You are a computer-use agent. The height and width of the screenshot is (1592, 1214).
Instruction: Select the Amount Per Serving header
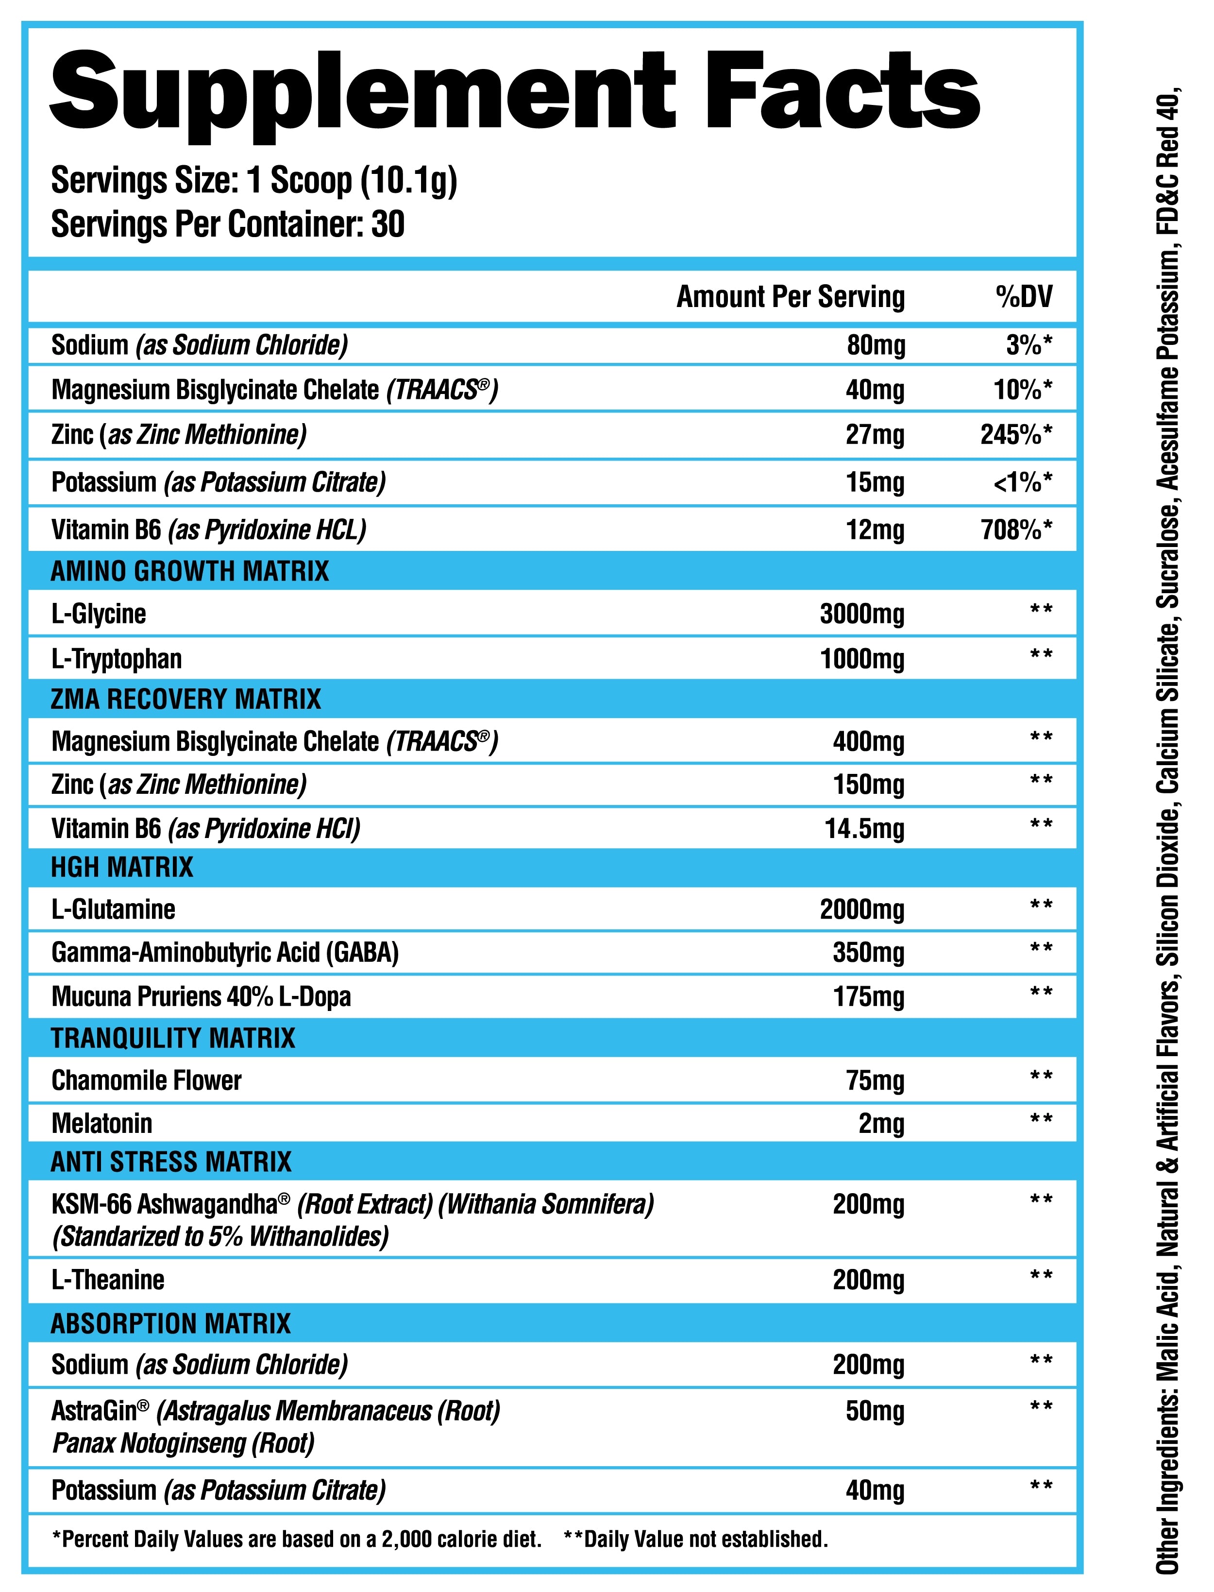[790, 296]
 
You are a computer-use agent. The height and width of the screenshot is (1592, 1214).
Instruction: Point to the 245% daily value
[1015, 434]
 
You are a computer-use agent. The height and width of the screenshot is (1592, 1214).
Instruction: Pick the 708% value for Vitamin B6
[1015, 530]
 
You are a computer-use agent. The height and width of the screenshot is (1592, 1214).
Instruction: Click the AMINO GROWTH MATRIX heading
[189, 571]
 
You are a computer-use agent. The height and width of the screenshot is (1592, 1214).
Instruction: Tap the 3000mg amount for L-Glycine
[861, 614]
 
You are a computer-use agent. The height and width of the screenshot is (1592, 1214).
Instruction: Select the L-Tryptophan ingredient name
[117, 659]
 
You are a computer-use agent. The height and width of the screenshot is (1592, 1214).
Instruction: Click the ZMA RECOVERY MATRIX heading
[185, 699]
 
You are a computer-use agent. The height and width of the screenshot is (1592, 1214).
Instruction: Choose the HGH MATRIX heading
[122, 867]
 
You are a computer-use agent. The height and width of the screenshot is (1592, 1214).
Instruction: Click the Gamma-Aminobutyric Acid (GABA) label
[225, 952]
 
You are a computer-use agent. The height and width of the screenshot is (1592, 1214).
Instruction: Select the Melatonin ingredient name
[102, 1124]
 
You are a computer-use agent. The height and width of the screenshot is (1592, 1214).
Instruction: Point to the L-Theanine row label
[108, 1280]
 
